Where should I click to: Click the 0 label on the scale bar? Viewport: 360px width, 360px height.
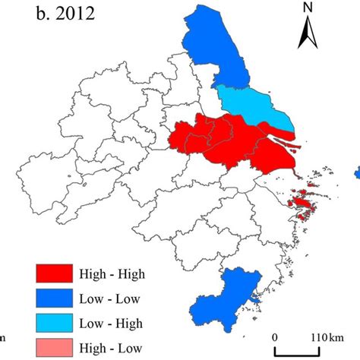click(275, 336)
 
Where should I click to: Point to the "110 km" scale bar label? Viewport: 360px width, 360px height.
click(327, 336)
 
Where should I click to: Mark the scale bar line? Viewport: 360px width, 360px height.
click(304, 350)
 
